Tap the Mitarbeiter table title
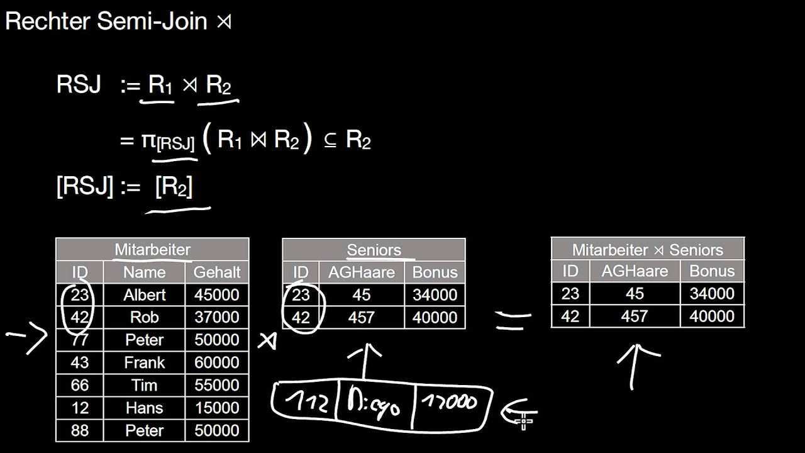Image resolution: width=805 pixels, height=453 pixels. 152,250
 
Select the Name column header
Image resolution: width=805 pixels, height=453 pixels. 144,272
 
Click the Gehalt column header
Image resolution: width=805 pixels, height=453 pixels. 217,272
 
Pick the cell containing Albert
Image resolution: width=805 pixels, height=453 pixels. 144,295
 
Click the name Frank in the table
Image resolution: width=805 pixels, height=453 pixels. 144,363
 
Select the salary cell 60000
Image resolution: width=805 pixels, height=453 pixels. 217,363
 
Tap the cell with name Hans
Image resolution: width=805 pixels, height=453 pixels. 144,408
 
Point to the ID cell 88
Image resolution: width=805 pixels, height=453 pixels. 80,431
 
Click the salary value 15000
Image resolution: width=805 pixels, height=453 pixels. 217,408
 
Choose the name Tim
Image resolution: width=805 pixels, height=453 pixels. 144,386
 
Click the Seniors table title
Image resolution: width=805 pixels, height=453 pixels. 374,250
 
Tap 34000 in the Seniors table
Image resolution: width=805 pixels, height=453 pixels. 435,295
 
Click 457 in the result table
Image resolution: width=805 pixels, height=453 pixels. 634,316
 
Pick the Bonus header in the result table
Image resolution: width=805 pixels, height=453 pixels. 712,271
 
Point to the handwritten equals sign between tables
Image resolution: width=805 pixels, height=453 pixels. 512,321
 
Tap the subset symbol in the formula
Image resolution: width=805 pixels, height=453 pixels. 330,141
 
